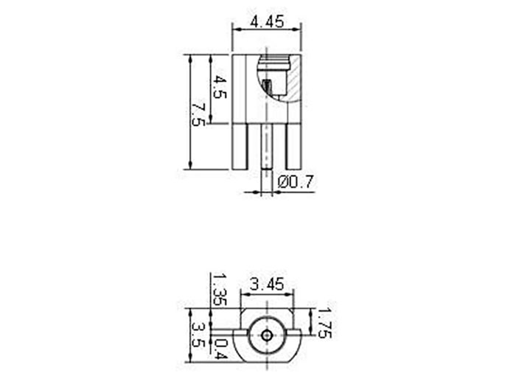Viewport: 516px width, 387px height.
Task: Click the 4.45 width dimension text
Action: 267,21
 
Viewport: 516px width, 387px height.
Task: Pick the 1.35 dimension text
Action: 218,290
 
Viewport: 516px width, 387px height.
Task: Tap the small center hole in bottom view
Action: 266,336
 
